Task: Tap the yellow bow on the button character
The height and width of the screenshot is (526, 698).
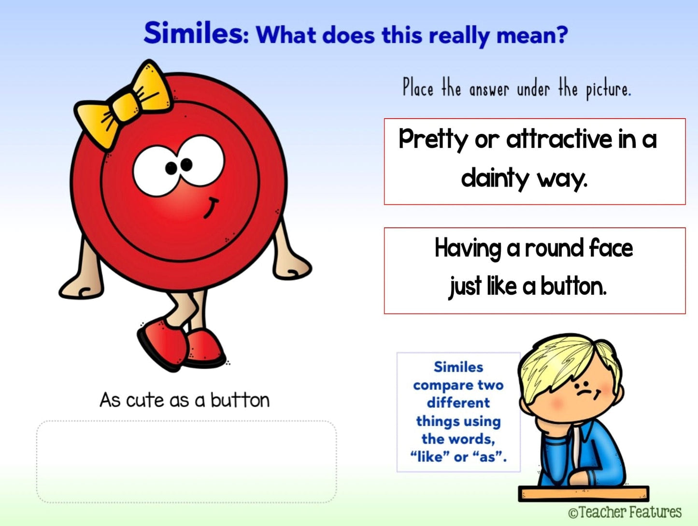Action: [124, 103]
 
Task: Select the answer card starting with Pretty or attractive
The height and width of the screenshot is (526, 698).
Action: [535, 161]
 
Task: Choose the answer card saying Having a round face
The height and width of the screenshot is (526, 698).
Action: [535, 270]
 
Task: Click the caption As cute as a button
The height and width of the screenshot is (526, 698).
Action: [185, 400]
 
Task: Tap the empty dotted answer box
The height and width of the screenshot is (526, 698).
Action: [186, 461]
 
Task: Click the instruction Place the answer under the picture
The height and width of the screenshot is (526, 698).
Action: [517, 89]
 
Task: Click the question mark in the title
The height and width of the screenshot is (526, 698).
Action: [561, 34]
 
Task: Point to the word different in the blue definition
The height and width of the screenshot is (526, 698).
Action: [458, 403]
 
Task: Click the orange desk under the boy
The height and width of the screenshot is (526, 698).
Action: [584, 494]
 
